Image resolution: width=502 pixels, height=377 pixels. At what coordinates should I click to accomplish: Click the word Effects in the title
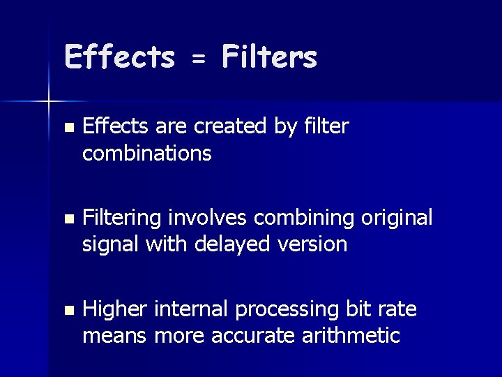[119, 57]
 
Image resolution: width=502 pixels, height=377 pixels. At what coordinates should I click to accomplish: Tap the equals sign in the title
[199, 60]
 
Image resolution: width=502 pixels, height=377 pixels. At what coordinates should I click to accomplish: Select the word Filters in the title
[269, 57]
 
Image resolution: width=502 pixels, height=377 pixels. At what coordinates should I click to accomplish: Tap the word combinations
[146, 153]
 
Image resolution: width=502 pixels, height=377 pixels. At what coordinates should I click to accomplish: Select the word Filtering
[123, 219]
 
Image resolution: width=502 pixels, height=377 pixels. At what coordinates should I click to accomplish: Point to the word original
[397, 219]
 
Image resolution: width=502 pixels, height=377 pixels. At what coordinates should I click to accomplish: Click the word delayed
[236, 244]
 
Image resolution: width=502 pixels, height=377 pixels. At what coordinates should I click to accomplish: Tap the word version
[314, 244]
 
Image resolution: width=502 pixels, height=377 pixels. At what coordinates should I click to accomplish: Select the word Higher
[114, 309]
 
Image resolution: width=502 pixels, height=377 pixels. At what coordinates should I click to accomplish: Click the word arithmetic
[351, 336]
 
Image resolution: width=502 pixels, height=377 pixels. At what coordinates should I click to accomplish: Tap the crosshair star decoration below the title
[49, 103]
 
